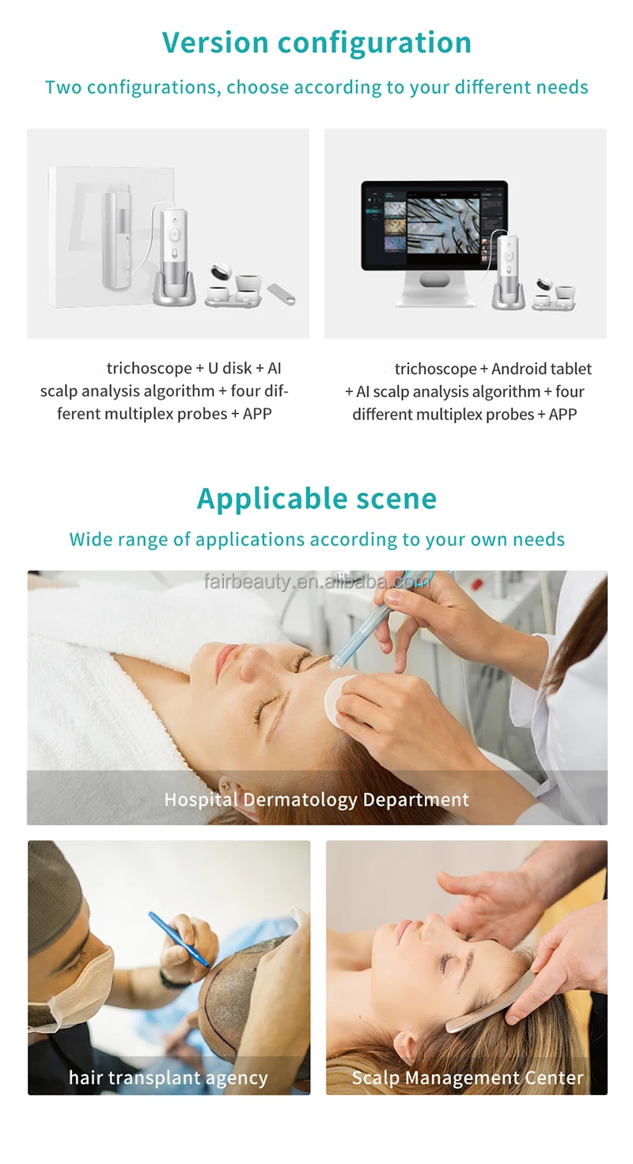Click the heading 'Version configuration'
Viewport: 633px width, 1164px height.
(316, 42)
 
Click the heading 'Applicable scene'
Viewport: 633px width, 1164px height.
(316, 499)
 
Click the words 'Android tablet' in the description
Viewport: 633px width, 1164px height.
(541, 370)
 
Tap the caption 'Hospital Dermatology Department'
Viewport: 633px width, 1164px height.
(316, 799)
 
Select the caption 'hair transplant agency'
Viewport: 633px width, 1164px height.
(168, 1078)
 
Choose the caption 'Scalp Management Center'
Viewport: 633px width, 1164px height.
(467, 1078)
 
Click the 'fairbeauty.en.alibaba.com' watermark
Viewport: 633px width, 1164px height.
(316, 582)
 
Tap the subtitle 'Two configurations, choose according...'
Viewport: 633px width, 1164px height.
(316, 87)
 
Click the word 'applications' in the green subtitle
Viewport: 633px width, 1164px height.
(249, 540)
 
